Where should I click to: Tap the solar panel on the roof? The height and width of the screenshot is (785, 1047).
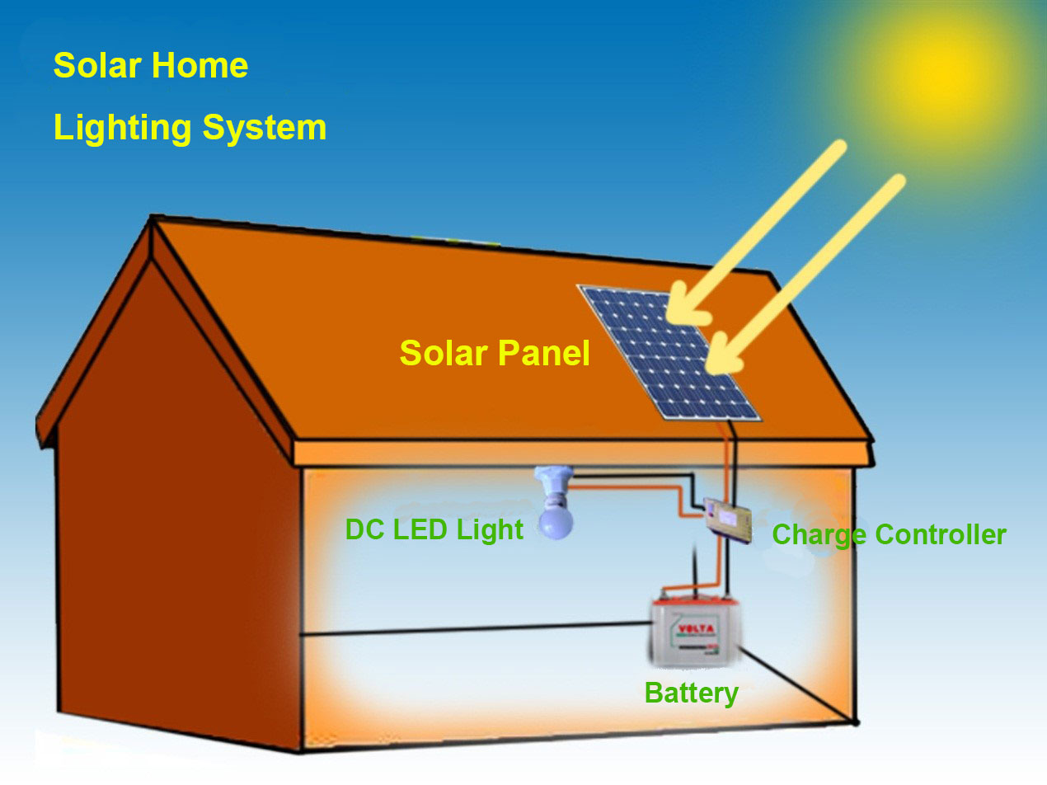click(x=669, y=352)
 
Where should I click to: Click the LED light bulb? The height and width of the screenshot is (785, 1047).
click(x=554, y=519)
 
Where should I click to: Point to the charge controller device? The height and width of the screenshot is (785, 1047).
click(x=727, y=519)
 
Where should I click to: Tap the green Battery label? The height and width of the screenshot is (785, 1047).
click(x=691, y=693)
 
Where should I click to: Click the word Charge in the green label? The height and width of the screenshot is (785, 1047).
click(x=819, y=535)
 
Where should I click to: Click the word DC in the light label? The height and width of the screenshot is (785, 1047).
click(x=365, y=529)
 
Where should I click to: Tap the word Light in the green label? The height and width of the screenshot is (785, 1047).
click(x=492, y=529)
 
